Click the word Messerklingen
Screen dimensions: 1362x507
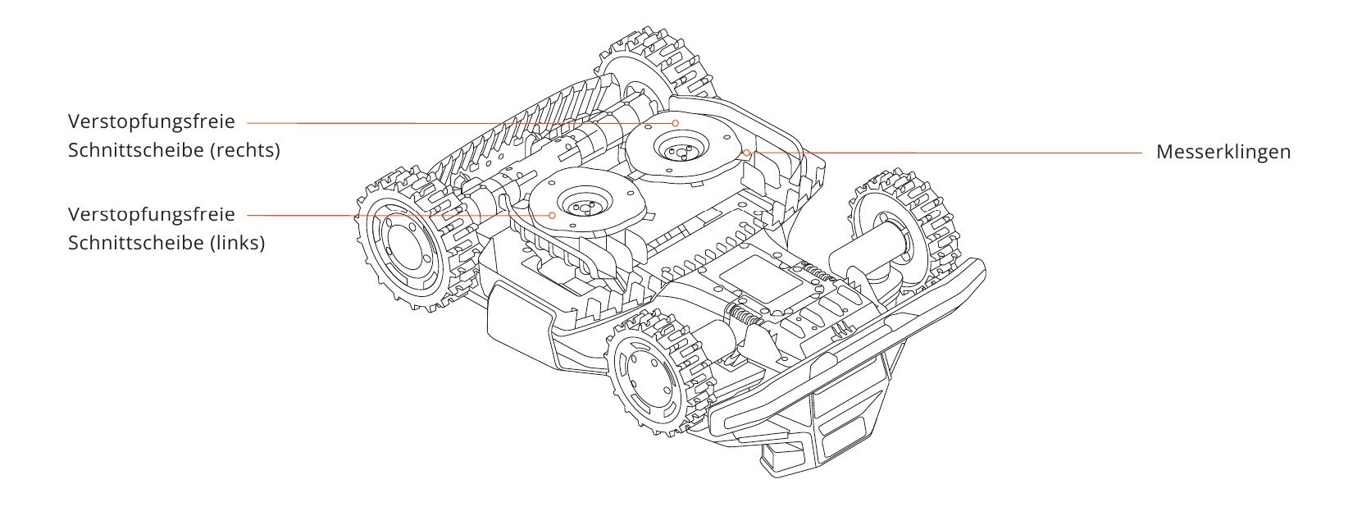pyautogui.click(x=1223, y=152)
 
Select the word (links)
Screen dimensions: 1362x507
pyautogui.click(x=237, y=243)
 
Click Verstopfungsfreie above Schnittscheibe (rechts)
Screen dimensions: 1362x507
pyautogui.click(x=152, y=121)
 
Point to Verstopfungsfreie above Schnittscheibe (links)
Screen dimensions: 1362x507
pyautogui.click(x=152, y=214)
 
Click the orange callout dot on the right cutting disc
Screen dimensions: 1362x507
pyautogui.click(x=676, y=123)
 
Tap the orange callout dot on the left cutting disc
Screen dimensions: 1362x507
pyautogui.click(x=552, y=215)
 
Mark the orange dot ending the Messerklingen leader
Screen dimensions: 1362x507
pyautogui.click(x=746, y=152)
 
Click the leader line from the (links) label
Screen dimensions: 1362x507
pyautogui.click(x=398, y=216)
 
